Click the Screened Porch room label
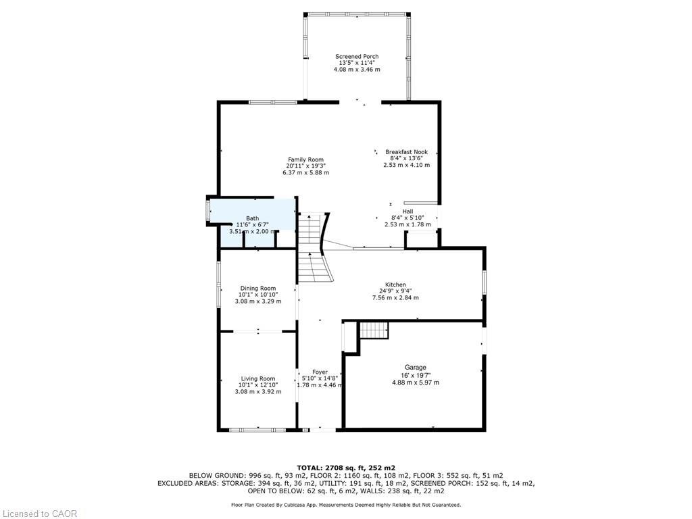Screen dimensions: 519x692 point(357,57)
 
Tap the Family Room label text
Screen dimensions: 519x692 point(305,159)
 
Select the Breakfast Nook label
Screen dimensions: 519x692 point(406,152)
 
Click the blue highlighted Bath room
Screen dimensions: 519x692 point(257,223)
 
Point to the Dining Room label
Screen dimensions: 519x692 point(258,289)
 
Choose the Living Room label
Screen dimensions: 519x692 point(258,378)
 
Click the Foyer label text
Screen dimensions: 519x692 point(320,372)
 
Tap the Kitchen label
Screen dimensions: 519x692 point(395,285)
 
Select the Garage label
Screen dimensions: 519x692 point(416,368)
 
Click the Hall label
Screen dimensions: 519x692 point(407,211)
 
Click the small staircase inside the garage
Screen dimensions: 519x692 point(373,330)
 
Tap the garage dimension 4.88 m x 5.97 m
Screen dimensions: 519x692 point(416,382)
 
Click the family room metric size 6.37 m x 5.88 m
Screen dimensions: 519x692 point(305,173)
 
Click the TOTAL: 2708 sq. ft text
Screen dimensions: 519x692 point(346,468)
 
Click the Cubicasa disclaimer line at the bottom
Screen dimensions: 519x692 point(346,505)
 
